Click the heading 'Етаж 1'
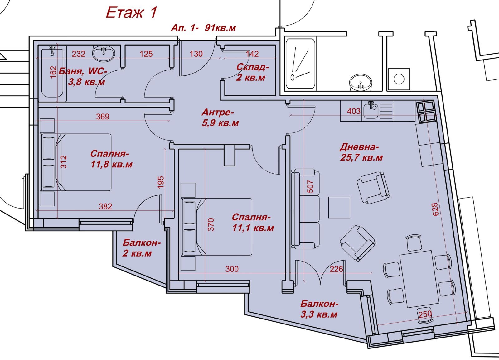pyautogui.click(x=131, y=12)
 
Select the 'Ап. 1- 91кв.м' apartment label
pyautogui.click(x=203, y=28)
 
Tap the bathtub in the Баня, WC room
pyautogui.click(x=52, y=74)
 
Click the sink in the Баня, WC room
pyautogui.click(x=103, y=53)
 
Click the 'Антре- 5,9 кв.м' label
pyautogui.click(x=220, y=117)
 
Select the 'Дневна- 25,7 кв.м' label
pyautogui.click(x=361, y=152)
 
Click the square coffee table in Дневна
pyautogui.click(x=339, y=208)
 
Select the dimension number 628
pyautogui.click(x=435, y=209)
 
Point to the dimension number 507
pyautogui.click(x=310, y=186)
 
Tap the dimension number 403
pyautogui.click(x=354, y=111)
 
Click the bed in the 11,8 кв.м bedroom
pyautogui.click(x=76, y=162)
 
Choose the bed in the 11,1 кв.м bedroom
pyautogui.click(x=217, y=227)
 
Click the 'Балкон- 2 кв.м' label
pyautogui.click(x=141, y=248)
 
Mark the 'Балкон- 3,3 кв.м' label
pyautogui.click(x=319, y=309)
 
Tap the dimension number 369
pyautogui.click(x=103, y=117)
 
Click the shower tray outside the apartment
pyautogui.click(x=300, y=64)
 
